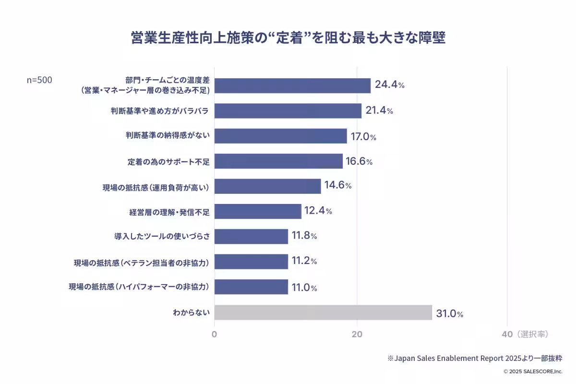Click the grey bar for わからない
(x=323, y=312)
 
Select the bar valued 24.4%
(x=292, y=85)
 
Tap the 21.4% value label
(x=379, y=111)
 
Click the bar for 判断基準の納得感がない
(x=280, y=136)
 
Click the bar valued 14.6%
(x=267, y=186)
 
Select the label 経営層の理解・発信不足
(x=169, y=212)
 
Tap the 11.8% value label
(x=304, y=236)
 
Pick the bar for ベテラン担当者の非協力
(x=251, y=262)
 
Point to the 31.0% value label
(x=449, y=314)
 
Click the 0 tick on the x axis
(x=214, y=334)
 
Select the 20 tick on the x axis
(x=357, y=334)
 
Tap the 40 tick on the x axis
(x=507, y=334)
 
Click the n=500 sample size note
(x=39, y=80)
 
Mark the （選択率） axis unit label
(x=532, y=334)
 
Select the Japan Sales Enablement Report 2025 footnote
(x=475, y=358)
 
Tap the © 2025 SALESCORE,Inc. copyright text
(x=532, y=372)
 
